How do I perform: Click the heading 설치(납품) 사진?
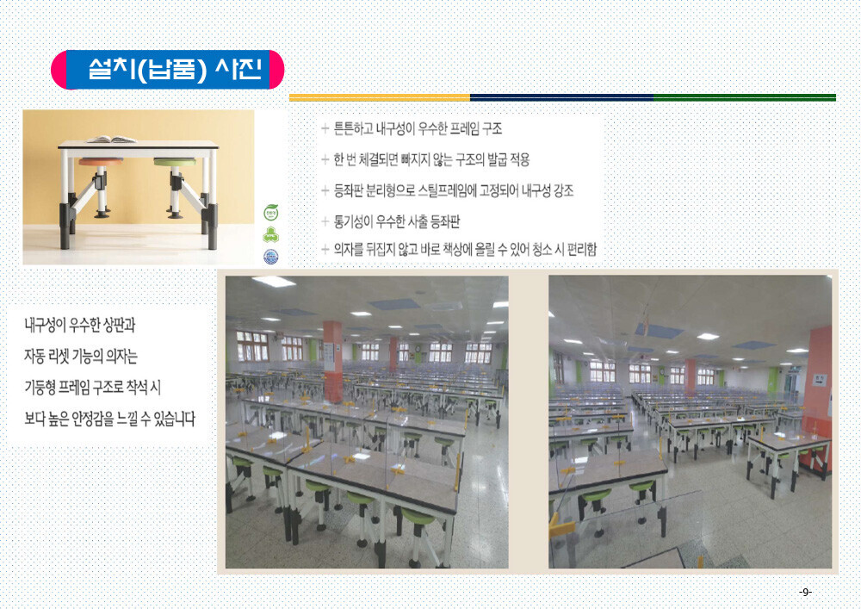(175, 70)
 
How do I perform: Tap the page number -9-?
(805, 592)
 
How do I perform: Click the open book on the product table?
(111, 140)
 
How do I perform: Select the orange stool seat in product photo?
(101, 162)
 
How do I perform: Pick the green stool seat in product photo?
(175, 162)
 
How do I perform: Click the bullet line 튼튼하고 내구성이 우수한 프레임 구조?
(418, 129)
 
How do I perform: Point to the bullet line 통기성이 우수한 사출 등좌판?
(396, 222)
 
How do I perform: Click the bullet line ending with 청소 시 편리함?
(465, 250)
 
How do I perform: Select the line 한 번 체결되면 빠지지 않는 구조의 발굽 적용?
(431, 160)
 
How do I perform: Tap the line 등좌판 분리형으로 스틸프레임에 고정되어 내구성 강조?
(454, 190)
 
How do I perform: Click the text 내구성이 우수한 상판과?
(79, 325)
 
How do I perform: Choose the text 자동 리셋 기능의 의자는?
(81, 357)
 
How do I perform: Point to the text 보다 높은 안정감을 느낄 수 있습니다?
(110, 419)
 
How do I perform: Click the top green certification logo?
(270, 212)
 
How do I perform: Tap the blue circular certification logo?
(270, 257)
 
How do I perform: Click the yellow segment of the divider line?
(380, 97)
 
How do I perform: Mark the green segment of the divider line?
(745, 97)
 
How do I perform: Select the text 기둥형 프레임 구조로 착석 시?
(92, 388)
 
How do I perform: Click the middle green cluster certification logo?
(270, 234)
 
